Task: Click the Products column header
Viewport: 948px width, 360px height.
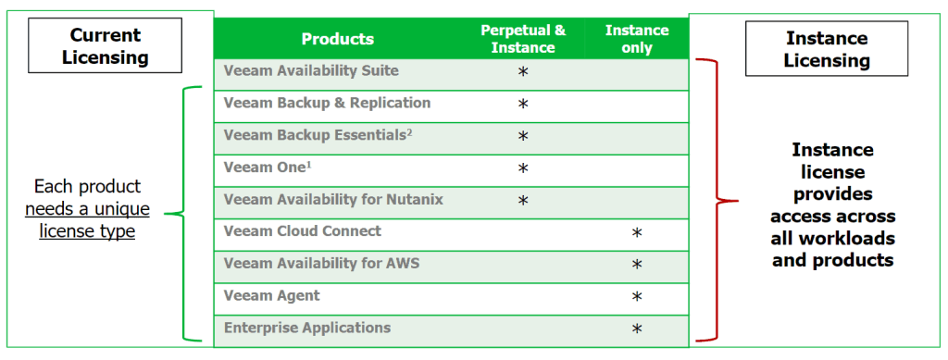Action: pyautogui.click(x=337, y=39)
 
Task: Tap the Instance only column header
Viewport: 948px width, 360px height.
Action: pyautogui.click(x=637, y=39)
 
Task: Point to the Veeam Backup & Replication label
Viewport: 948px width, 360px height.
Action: pyautogui.click(x=327, y=103)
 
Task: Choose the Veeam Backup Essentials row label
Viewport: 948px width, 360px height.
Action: pyautogui.click(x=318, y=135)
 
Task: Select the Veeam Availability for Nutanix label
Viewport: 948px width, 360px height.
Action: pyautogui.click(x=333, y=199)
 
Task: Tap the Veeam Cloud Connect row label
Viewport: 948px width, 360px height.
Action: pyautogui.click(x=302, y=231)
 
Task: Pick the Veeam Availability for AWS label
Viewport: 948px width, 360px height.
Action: pyautogui.click(x=321, y=264)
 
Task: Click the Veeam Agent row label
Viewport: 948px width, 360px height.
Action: pyautogui.click(x=271, y=295)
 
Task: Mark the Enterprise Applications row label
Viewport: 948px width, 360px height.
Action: pyautogui.click(x=306, y=328)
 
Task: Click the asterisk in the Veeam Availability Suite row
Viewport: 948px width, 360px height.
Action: pyautogui.click(x=523, y=72)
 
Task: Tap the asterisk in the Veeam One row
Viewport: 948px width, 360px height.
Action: pyautogui.click(x=523, y=168)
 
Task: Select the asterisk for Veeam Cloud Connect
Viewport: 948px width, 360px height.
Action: pyautogui.click(x=636, y=233)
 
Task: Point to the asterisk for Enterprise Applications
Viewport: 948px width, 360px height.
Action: pyautogui.click(x=636, y=329)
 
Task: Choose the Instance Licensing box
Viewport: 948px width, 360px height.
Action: pyautogui.click(x=828, y=49)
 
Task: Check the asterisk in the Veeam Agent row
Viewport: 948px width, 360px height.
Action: pyautogui.click(x=636, y=297)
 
